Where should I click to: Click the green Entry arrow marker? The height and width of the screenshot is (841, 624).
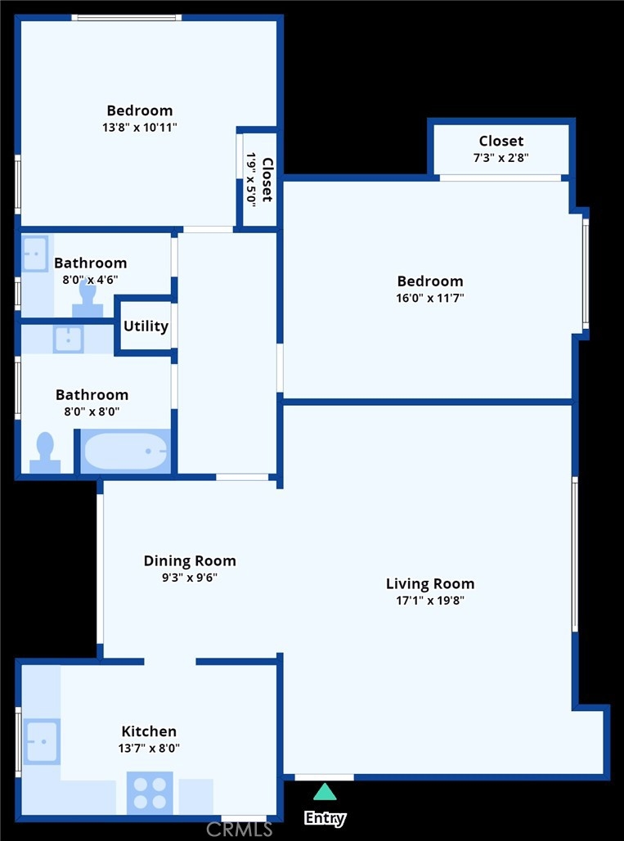pyautogui.click(x=325, y=792)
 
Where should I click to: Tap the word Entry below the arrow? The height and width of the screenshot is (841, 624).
pyautogui.click(x=325, y=818)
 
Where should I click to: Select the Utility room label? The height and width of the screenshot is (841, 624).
pyautogui.click(x=146, y=326)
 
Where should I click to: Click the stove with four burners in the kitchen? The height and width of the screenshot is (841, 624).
pyautogui.click(x=150, y=793)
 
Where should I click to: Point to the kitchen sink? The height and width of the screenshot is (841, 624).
pyautogui.click(x=41, y=742)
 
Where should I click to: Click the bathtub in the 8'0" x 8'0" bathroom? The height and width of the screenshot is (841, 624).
pyautogui.click(x=126, y=452)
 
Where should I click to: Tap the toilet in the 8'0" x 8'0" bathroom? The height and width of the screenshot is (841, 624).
pyautogui.click(x=45, y=453)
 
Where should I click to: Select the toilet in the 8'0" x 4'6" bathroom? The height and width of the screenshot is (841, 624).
pyautogui.click(x=88, y=299)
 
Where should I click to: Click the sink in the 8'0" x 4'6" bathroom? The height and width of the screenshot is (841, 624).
pyautogui.click(x=35, y=254)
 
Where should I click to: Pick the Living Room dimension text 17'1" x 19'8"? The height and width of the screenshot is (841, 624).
pyautogui.click(x=430, y=600)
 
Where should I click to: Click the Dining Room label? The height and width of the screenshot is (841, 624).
pyautogui.click(x=190, y=561)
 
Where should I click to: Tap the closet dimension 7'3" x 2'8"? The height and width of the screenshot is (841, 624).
pyautogui.click(x=501, y=158)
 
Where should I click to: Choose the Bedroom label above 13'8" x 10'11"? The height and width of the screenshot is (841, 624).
pyautogui.click(x=140, y=110)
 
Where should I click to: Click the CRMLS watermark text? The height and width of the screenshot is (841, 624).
pyautogui.click(x=240, y=830)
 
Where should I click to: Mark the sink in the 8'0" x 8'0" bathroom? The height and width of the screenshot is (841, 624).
pyautogui.click(x=68, y=339)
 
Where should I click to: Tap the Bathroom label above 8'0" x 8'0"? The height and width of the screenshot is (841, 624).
pyautogui.click(x=92, y=395)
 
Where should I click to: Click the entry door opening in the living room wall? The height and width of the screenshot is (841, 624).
pyautogui.click(x=325, y=777)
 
